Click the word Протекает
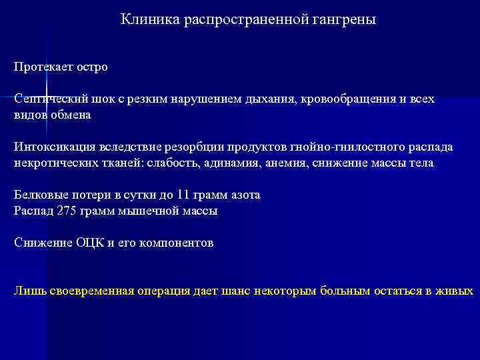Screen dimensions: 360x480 pyautogui.click(x=43, y=67)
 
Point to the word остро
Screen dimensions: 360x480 pyautogui.click(x=92, y=67)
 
